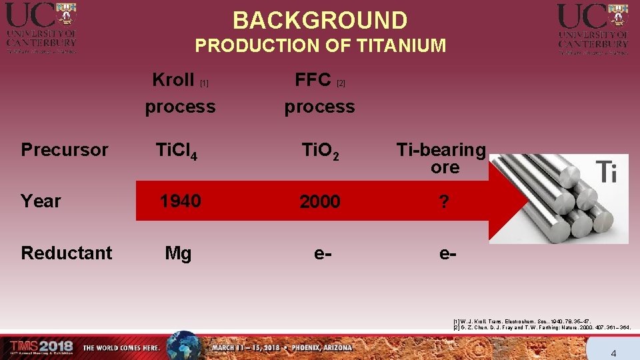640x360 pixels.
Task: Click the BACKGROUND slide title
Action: pos(320,20)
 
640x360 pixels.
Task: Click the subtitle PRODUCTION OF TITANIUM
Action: pos(320,46)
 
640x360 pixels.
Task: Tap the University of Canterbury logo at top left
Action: pos(41,28)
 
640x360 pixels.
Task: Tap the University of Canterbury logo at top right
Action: pos(593,28)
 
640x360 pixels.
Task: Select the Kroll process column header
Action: pos(180,93)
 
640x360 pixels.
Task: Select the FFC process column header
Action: pos(319,93)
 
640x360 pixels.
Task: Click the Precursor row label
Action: pos(64,150)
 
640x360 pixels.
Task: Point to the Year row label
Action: pos(41,201)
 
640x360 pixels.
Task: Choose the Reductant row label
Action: pos(67,253)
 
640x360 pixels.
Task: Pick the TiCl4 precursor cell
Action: pos(175,151)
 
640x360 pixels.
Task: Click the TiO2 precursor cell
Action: pos(319,151)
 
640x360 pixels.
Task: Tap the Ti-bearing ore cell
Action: pos(441,158)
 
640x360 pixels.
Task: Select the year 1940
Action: pos(180,201)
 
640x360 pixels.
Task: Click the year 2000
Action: pos(319,201)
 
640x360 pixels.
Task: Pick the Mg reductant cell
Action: pos(178,253)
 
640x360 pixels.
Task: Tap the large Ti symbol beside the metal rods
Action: pos(607,171)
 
